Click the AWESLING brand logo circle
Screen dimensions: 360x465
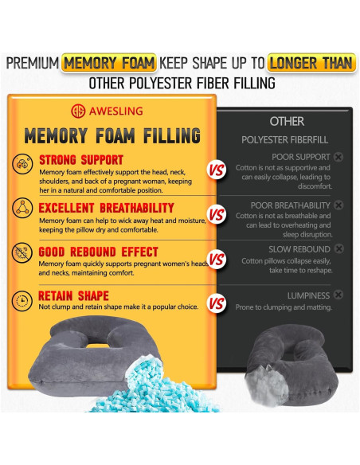pyautogui.click(x=78, y=111)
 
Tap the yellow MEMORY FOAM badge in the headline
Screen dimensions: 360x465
pyautogui.click(x=109, y=63)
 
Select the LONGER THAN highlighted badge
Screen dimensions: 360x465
pyautogui.click(x=311, y=63)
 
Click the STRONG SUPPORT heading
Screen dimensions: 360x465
pyautogui.click(x=81, y=160)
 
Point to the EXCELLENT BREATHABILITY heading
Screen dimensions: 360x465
pyautogui.click(x=106, y=208)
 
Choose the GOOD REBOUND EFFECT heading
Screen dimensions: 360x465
pyautogui.click(x=98, y=252)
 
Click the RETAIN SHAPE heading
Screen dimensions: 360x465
pyautogui.click(x=73, y=295)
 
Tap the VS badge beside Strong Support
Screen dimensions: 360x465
pyautogui.click(x=217, y=170)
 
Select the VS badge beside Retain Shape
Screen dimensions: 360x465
pyautogui.click(x=217, y=303)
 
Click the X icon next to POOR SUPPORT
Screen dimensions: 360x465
pyautogui.click(x=338, y=157)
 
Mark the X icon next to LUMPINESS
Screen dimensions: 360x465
pyautogui.click(x=338, y=295)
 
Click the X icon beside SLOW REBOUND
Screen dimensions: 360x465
pyautogui.click(x=338, y=248)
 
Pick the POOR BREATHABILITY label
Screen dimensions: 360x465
pyautogui.click(x=290, y=205)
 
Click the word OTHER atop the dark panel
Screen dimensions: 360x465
pyautogui.click(x=287, y=121)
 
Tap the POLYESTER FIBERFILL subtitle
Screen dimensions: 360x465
pyautogui.click(x=284, y=139)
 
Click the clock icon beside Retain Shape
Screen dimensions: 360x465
pyautogui.click(x=22, y=301)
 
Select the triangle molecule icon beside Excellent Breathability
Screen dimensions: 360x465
pyautogui.click(x=22, y=208)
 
